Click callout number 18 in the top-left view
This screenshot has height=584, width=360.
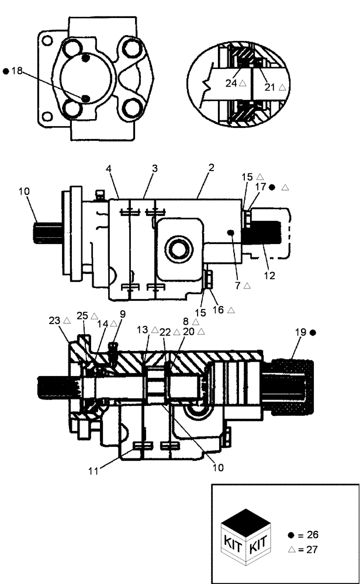click(x=16, y=71)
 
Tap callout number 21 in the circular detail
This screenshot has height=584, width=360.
click(x=270, y=87)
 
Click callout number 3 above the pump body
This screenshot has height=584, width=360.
click(x=155, y=168)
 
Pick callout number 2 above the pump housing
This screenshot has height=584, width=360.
click(x=211, y=167)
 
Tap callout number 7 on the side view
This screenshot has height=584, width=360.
click(x=238, y=286)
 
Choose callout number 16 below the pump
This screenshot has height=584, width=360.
click(x=218, y=310)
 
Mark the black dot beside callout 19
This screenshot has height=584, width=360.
click(x=313, y=332)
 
